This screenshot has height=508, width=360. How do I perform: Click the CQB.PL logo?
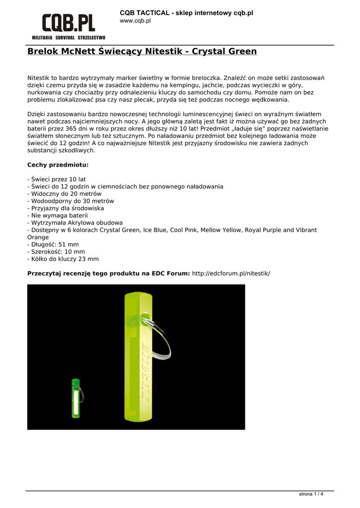(x=68, y=23)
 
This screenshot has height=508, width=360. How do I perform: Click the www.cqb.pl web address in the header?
(x=136, y=21)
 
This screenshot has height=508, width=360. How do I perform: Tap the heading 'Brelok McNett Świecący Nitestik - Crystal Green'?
(x=142, y=52)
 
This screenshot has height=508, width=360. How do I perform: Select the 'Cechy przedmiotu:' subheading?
(x=58, y=165)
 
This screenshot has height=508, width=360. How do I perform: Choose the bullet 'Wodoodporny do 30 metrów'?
(x=71, y=201)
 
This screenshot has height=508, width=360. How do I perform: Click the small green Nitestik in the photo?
(x=76, y=399)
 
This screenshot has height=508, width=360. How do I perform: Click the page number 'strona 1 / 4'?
(x=311, y=494)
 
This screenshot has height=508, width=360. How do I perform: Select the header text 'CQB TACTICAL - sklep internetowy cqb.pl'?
(x=186, y=12)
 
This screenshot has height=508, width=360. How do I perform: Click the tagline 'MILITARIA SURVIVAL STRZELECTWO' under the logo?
(x=69, y=38)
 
